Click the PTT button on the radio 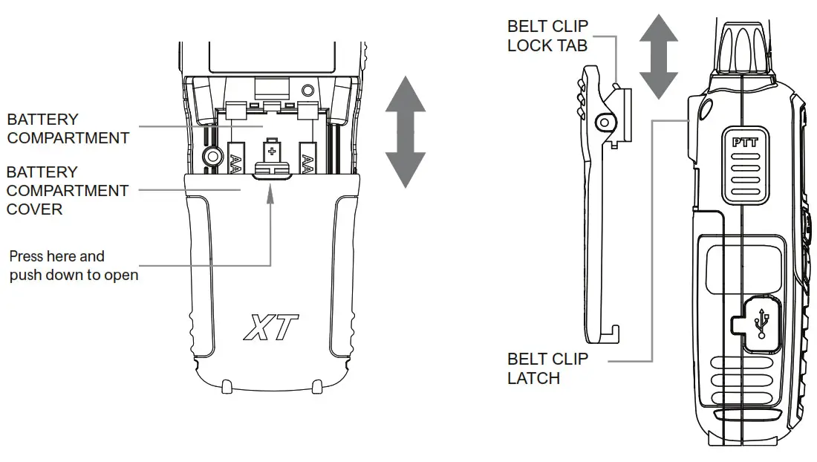745,166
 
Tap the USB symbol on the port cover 762,323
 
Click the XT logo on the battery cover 271,327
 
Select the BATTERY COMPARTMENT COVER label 67,191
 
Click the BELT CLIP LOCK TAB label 547,36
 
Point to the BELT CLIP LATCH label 547,368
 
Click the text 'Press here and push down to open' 74,266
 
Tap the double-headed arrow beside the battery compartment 406,131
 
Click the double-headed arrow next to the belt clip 659,56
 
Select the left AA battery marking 236,163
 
